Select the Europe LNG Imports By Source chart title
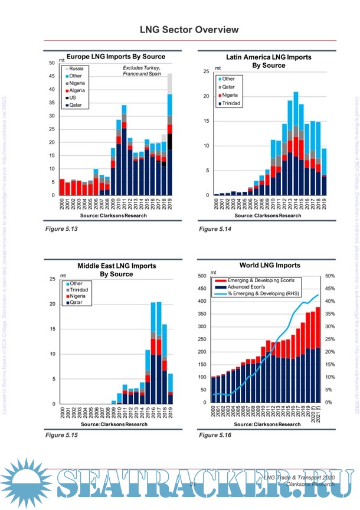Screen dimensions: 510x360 point(116,57)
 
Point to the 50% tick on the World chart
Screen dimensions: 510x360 point(330,276)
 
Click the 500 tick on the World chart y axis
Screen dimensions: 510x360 point(202,276)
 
